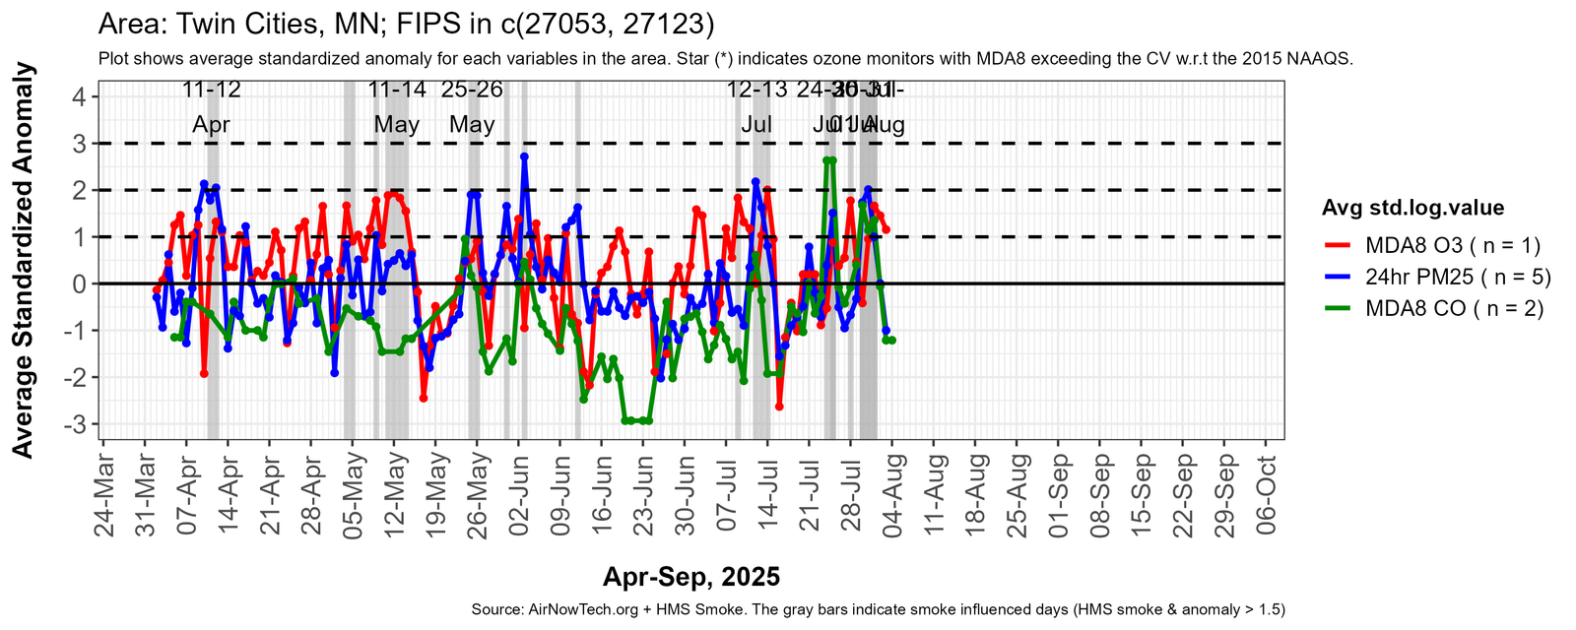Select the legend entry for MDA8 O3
coord(1452,245)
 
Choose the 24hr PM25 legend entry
coord(1458,277)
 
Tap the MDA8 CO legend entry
coord(1454,308)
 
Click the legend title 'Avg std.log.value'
coord(1412,208)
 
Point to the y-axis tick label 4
coord(78,96)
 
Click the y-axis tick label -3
coord(74,424)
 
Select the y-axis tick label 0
coord(78,283)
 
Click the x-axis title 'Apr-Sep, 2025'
coord(691,577)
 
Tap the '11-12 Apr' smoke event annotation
coord(212,107)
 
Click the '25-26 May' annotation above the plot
coord(472,107)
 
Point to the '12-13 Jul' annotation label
coord(756,107)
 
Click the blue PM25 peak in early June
coord(524,157)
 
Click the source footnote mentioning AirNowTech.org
coord(879,609)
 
